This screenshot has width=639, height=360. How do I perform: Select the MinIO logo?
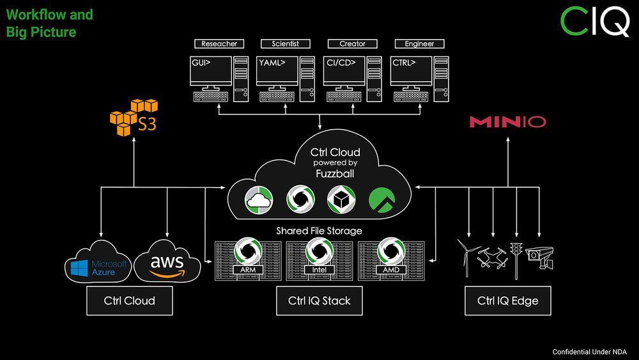tap(507, 121)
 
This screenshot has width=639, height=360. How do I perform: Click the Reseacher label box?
tap(219, 44)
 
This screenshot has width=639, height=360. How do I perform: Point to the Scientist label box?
tap(286, 44)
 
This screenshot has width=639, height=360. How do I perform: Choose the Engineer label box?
tap(419, 44)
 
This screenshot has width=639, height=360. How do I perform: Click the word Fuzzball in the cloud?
tap(335, 173)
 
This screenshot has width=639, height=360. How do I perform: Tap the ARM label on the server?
tap(247, 270)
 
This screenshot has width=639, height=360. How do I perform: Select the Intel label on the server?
tap(318, 270)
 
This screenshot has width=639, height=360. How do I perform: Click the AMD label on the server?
tap(390, 270)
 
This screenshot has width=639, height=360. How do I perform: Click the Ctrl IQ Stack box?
tap(319, 301)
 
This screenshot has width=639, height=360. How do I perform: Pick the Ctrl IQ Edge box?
tap(507, 301)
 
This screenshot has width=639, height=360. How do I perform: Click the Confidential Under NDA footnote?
tap(590, 352)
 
